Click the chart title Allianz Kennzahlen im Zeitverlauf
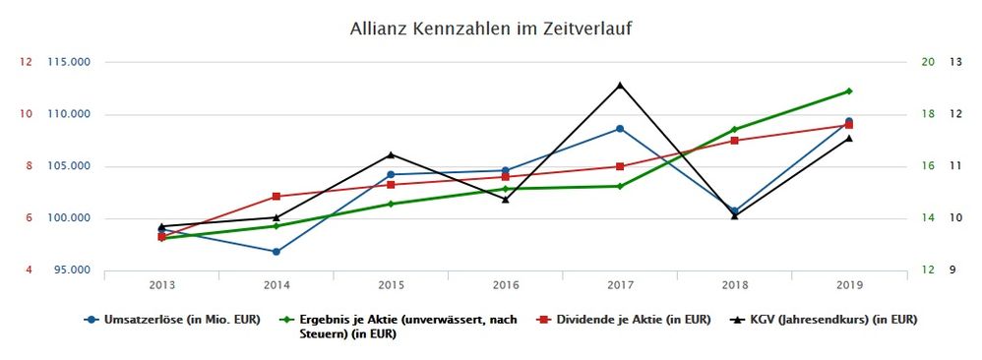click(490, 29)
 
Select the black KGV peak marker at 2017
click(620, 85)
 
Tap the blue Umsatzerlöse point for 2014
click(276, 252)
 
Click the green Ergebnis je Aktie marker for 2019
click(848, 91)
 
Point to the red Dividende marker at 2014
click(276, 197)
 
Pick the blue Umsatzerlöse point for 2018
click(734, 210)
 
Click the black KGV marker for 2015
click(391, 154)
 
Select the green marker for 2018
click(734, 130)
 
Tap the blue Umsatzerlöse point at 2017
click(620, 129)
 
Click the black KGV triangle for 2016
click(506, 200)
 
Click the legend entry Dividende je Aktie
click(625, 320)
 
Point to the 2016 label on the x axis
click(506, 285)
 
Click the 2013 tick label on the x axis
click(162, 285)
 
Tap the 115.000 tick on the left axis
click(69, 62)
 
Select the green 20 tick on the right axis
click(927, 62)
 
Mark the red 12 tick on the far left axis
click(27, 62)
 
